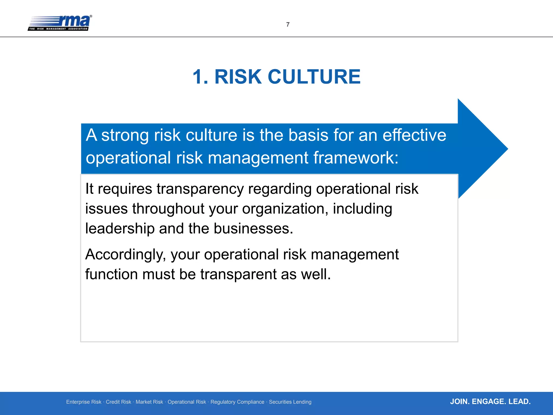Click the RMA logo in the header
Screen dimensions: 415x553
(60, 23)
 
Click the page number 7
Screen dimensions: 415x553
(288, 25)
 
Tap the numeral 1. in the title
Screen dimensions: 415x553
(200, 77)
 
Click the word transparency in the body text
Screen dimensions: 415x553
(200, 189)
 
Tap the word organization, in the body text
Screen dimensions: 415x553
(285, 209)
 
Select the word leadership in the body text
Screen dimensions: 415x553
(120, 229)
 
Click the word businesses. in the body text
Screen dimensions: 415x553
(253, 229)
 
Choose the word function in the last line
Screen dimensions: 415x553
(112, 274)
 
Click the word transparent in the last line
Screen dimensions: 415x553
(238, 274)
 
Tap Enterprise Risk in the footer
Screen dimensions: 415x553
(84, 402)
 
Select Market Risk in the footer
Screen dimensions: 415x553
(149, 402)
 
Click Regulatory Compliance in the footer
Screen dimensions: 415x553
(237, 402)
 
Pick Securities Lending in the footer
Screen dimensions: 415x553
(290, 402)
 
